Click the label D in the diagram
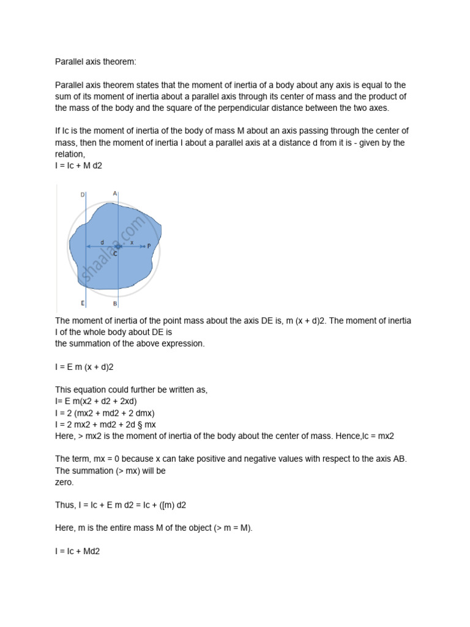(x=83, y=195)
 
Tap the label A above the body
(x=115, y=193)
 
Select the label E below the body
(x=83, y=303)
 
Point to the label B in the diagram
(x=115, y=303)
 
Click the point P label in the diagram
(x=149, y=246)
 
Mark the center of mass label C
(x=115, y=253)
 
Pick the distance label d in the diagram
(x=102, y=242)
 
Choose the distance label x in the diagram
(x=132, y=242)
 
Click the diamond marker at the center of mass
(x=117, y=246)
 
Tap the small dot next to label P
(x=143, y=246)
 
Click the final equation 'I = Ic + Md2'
(x=77, y=551)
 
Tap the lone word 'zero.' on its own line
(x=65, y=482)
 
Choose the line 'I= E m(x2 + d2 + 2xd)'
(x=96, y=401)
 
